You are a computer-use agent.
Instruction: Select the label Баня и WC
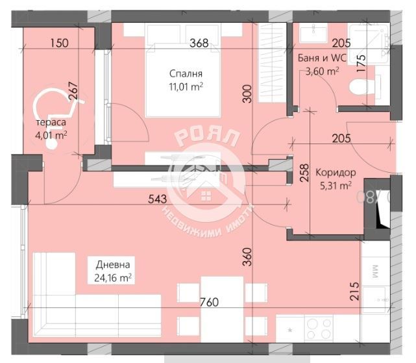321,58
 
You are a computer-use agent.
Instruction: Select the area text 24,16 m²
113,277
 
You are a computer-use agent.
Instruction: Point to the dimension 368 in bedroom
199,44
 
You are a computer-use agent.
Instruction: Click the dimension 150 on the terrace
58,44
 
